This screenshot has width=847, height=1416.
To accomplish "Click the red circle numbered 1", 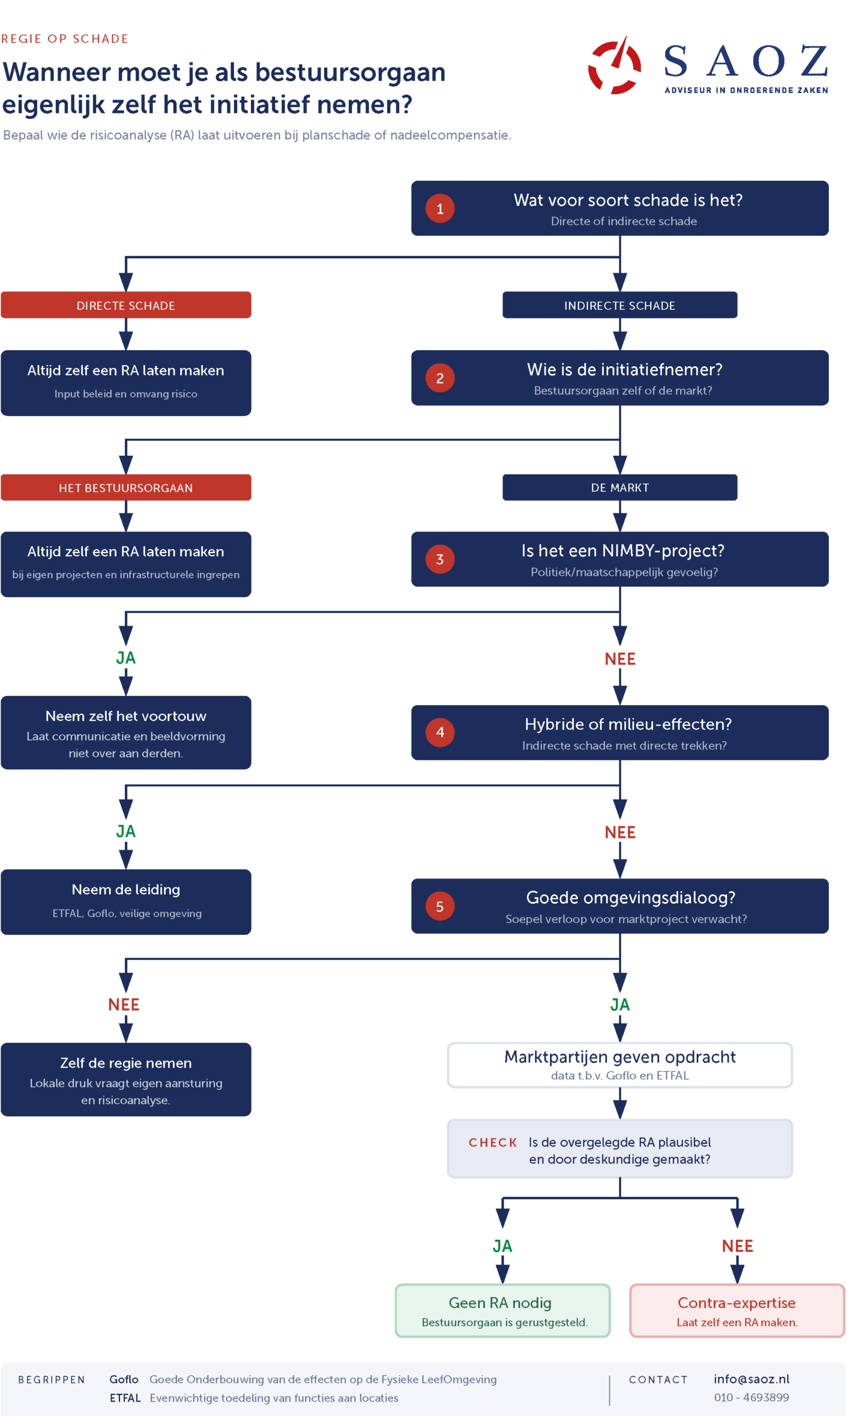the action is [440, 209].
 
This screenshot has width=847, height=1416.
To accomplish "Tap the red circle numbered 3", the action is [440, 559].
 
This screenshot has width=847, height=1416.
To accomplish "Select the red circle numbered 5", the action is [440, 906].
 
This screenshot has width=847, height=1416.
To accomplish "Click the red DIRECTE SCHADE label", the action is [126, 305].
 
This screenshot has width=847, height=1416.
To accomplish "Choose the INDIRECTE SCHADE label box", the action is [619, 305].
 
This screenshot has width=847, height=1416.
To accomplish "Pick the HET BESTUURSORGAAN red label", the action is [126, 487].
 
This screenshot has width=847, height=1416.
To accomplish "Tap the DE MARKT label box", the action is [619, 487].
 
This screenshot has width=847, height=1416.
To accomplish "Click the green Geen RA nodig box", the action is [502, 1310].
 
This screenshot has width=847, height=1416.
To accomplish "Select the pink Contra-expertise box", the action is [737, 1310].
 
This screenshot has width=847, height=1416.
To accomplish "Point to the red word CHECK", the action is [493, 1143].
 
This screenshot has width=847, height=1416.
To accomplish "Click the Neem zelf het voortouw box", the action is [126, 732].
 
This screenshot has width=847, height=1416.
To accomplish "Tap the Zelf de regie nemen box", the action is [126, 1079].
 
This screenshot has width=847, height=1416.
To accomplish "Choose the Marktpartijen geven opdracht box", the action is [619, 1065].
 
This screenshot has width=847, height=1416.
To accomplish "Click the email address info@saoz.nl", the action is [751, 1379].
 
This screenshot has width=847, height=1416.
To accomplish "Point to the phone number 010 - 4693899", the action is [751, 1397].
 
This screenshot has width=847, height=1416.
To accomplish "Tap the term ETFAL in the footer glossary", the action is [125, 1398].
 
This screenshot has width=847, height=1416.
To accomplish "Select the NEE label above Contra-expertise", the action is [737, 1246].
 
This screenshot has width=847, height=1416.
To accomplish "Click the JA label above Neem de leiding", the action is [126, 831].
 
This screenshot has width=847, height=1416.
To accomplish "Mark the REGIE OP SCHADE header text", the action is [65, 39].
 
